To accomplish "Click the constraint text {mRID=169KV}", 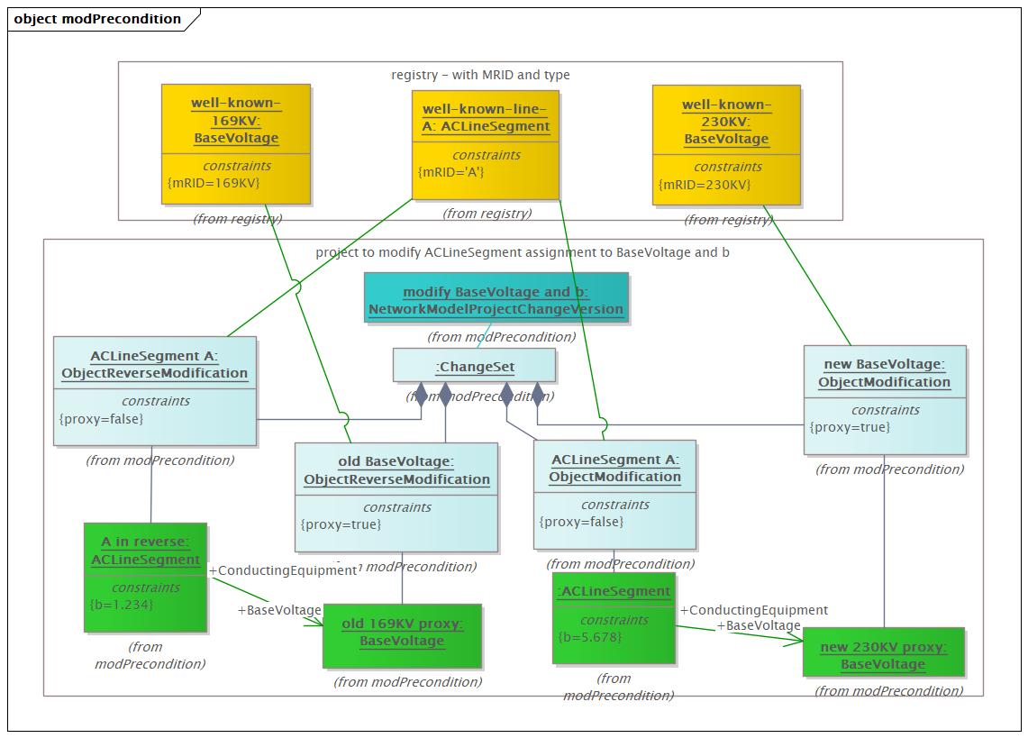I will coord(214,183).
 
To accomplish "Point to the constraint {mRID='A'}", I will coord(451,171).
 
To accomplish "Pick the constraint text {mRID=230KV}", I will coord(705,184).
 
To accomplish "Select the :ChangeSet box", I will coord(474,365).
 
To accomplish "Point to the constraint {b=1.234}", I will coord(122,604).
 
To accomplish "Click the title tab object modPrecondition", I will coord(97,19).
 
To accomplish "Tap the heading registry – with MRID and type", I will coord(480,75).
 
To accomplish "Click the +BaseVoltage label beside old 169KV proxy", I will coord(278,610).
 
